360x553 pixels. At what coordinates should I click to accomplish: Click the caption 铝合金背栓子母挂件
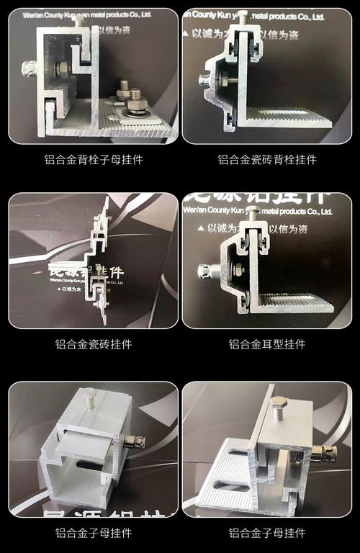[94, 160]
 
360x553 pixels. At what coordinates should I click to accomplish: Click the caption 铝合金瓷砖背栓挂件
[267, 160]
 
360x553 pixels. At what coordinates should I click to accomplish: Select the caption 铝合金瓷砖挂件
[94, 344]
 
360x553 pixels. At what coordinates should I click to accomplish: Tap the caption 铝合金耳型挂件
[267, 344]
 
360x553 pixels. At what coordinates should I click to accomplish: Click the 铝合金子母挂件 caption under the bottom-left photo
[94, 533]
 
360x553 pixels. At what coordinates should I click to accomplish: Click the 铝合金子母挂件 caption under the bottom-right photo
[267, 533]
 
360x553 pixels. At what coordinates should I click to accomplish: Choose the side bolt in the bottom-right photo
[325, 454]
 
